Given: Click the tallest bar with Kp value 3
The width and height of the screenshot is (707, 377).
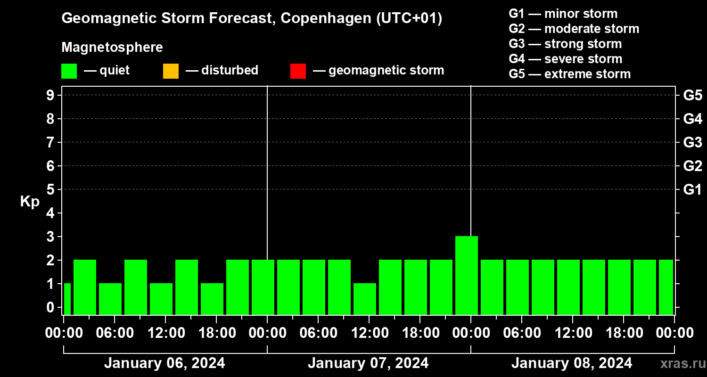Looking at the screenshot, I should (467, 275).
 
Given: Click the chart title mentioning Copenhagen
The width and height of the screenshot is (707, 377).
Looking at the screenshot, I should (252, 19).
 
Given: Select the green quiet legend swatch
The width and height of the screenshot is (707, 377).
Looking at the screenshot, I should (69, 71).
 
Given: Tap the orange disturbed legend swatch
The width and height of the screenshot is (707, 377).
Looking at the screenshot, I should (171, 71).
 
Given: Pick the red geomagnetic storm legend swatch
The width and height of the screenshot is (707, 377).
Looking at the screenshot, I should (298, 71).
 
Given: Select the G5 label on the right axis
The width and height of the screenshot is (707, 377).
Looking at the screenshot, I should (692, 95).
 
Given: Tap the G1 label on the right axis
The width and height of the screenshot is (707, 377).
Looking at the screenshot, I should (692, 189).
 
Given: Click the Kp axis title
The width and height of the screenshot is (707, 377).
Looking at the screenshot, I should (30, 202).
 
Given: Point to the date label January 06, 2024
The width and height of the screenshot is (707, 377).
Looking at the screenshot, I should (164, 363).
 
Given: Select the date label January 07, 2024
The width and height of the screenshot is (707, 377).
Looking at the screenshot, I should (368, 363).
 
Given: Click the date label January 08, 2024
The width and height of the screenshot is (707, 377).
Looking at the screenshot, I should (572, 363).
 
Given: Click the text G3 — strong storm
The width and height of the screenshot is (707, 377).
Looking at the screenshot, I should (565, 44).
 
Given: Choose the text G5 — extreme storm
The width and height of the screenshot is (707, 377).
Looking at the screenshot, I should (569, 74).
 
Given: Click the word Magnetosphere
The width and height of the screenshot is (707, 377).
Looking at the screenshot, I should (112, 48).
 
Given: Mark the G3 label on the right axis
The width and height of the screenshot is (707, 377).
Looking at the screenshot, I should (692, 142).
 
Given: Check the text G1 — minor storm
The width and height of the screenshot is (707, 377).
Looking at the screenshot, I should (563, 14).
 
